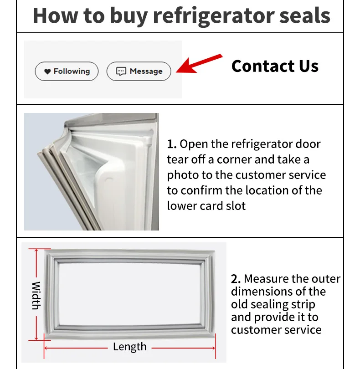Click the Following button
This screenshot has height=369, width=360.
coord(67,72)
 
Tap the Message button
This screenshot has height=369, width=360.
coord(139,72)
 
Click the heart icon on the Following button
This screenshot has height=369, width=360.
coord(47,72)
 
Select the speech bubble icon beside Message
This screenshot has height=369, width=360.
coord(121,72)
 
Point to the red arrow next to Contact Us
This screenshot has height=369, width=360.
coord(199,64)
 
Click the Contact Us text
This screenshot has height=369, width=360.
coord(275,66)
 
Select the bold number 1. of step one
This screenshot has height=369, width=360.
coord(172,145)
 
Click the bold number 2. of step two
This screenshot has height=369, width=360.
coord(236,279)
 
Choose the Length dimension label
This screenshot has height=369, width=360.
coord(130,347)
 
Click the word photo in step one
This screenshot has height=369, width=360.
coord(183,175)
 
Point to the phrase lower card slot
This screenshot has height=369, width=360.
coord(206,205)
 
